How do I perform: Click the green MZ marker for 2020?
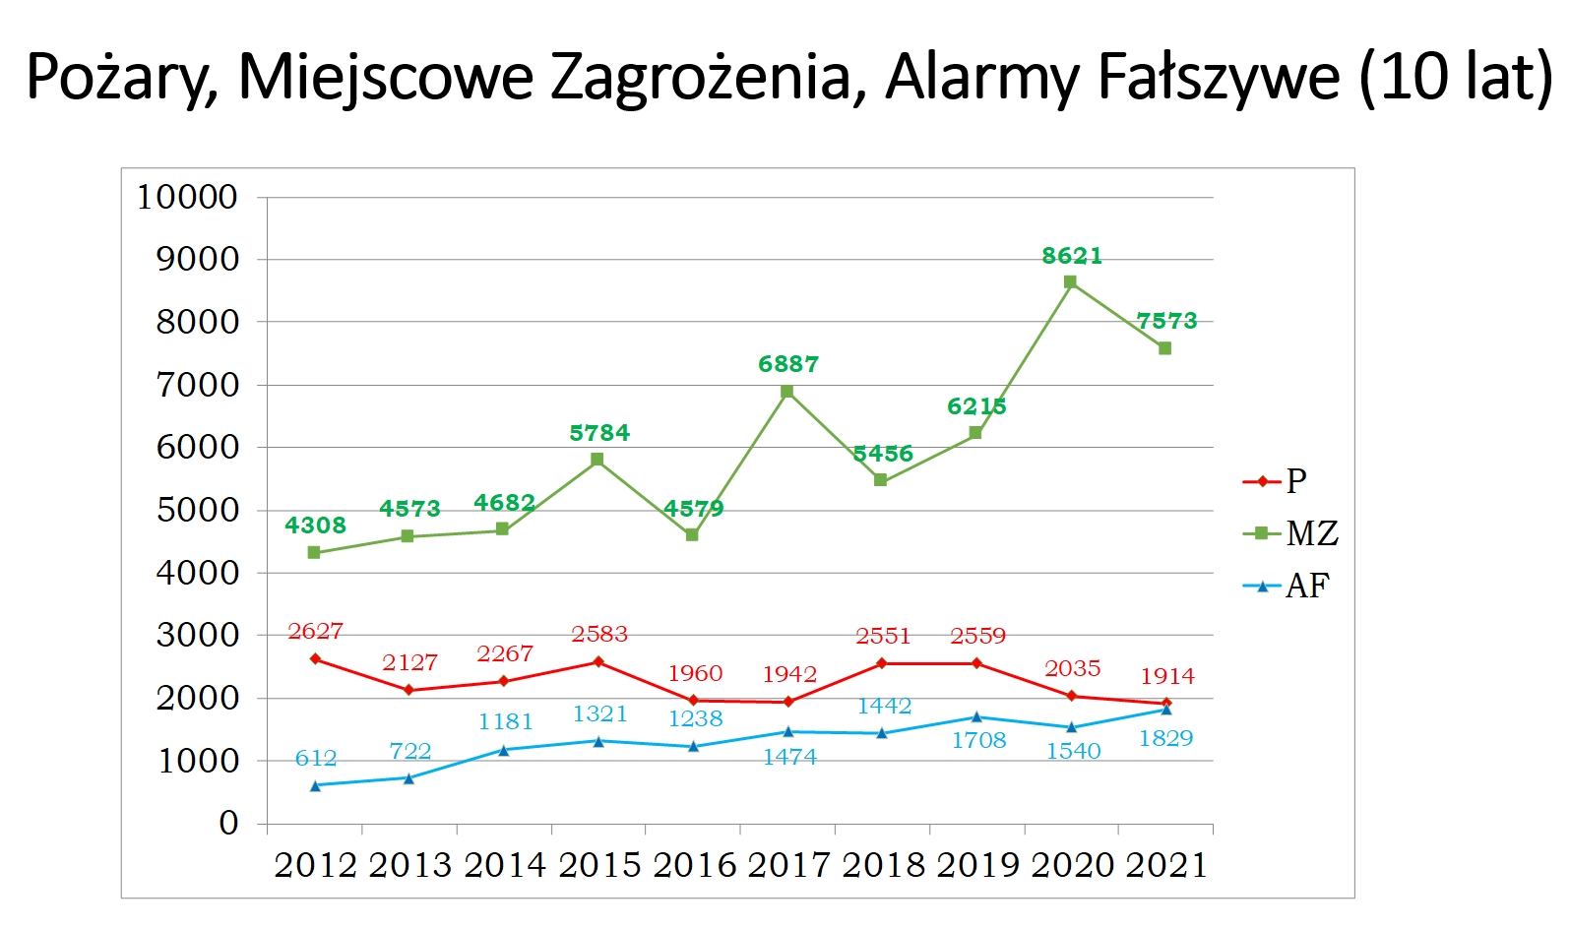[x=1070, y=282]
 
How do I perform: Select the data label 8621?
[x=1072, y=256]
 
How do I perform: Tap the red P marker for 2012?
[x=315, y=658]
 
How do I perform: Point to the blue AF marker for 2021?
[x=1166, y=709]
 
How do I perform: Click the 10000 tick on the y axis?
[x=187, y=197]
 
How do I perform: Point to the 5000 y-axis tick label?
[x=198, y=510]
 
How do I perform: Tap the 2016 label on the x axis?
[x=694, y=865]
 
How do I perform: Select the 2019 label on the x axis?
[x=977, y=865]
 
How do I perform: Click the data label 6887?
[x=788, y=364]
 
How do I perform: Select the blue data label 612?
[x=316, y=759]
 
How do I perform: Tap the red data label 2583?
[x=599, y=635]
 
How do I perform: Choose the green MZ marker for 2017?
[x=787, y=392]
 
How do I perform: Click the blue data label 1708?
[x=978, y=740]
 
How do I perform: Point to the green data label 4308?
[x=315, y=526]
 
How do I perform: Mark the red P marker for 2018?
[x=881, y=663]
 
